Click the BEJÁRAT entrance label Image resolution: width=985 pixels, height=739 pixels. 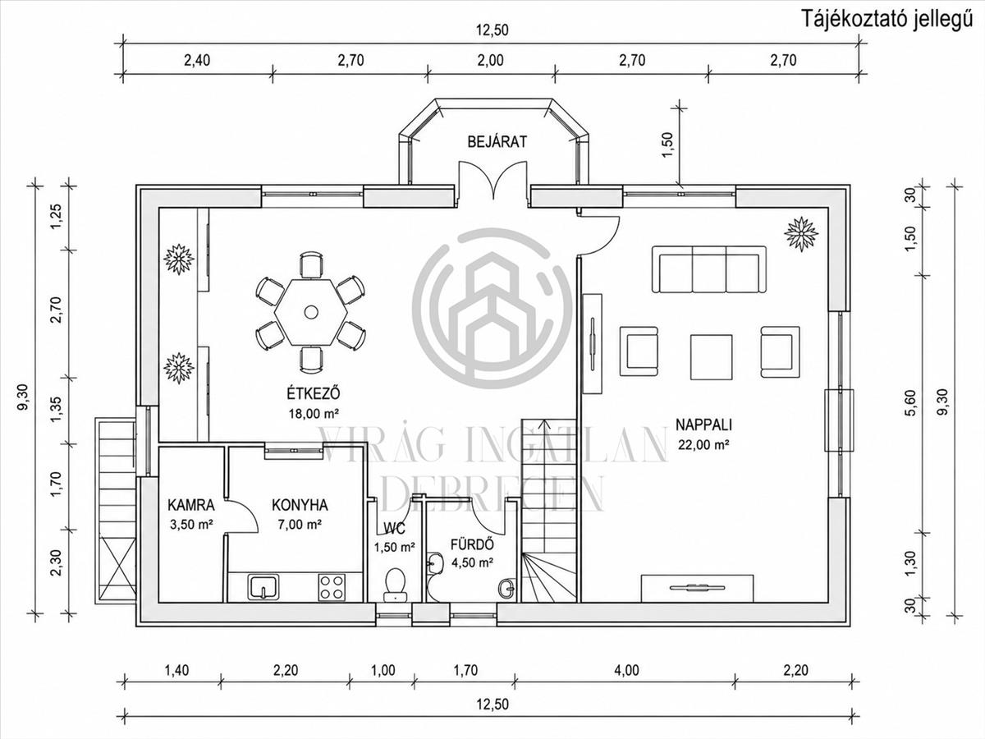click(497, 142)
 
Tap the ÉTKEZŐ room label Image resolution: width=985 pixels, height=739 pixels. click(314, 393)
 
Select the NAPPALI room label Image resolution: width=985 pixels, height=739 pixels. click(704, 425)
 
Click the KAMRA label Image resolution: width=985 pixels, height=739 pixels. click(191, 505)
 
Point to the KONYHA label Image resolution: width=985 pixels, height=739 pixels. click(300, 505)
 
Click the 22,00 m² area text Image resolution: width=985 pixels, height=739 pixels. click(703, 445)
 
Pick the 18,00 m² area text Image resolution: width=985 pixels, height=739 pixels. click(314, 413)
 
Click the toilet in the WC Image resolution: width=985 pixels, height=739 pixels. click(396, 584)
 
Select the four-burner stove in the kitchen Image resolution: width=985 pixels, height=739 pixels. click(332, 588)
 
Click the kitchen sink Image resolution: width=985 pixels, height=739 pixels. click(263, 587)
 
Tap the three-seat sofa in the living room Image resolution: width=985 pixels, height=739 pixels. click(709, 269)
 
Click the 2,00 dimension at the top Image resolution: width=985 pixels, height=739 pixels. click(491, 60)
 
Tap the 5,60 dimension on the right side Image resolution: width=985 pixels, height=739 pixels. click(911, 403)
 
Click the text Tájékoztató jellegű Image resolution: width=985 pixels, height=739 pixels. click(887, 21)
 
